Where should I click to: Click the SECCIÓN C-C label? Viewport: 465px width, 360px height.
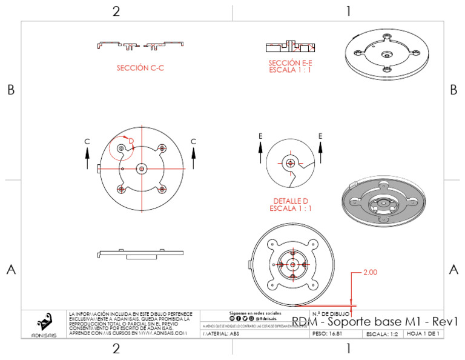point(140,68)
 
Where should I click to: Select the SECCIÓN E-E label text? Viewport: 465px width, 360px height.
point(290,62)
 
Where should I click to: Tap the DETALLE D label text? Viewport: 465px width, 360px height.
point(290,200)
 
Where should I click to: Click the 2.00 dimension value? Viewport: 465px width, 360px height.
point(370,273)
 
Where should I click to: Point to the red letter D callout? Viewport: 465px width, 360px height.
point(131,141)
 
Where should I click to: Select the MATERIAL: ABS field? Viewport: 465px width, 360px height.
point(221,334)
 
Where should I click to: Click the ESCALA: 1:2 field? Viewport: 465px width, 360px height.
point(382,334)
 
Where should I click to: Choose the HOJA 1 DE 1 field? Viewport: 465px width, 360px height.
point(423,334)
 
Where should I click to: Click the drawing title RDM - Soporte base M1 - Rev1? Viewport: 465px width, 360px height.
point(374,322)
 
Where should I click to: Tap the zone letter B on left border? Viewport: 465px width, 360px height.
point(10,90)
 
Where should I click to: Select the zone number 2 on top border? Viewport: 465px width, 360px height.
point(116,11)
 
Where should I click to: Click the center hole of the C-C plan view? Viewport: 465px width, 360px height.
point(142,168)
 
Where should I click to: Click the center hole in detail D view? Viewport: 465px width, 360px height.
point(290,162)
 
